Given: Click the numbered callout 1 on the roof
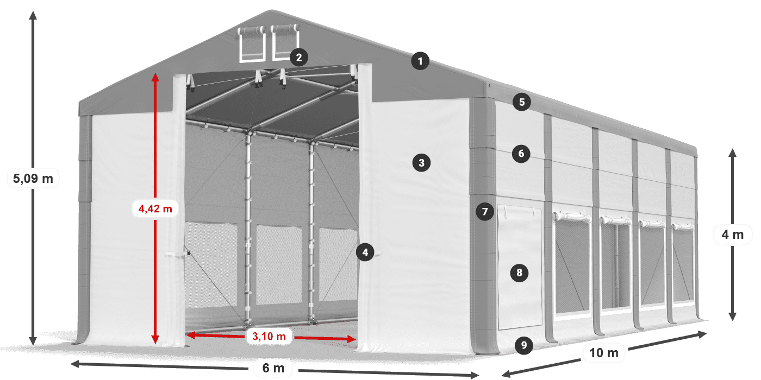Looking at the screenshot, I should tap(420, 61).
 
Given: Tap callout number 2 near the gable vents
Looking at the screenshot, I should tap(298, 57).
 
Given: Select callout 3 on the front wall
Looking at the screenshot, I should tap(421, 162).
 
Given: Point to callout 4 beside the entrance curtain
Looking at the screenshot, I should tap(365, 252).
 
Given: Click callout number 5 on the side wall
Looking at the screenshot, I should tap(522, 102).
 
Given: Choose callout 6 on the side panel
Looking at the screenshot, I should tap(521, 154).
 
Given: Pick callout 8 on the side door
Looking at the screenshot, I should tap(520, 273).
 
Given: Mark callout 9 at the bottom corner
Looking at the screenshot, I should tap(523, 344).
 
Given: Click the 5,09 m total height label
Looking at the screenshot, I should tap(33, 178).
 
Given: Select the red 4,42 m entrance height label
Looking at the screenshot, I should tap(155, 208).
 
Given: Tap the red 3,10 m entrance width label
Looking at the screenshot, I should tap(269, 337).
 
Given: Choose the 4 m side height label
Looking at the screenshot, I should tap(732, 235).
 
